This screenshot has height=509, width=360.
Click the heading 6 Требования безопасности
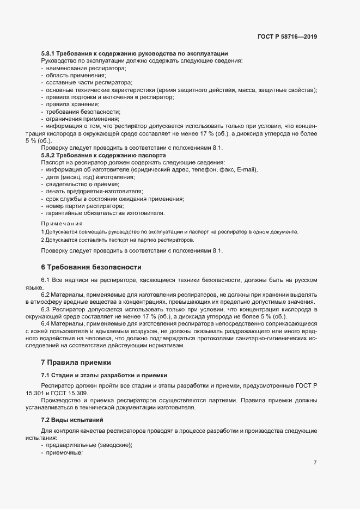91,267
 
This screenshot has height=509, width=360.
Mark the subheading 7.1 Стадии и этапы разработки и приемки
104,376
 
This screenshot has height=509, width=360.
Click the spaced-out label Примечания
62,223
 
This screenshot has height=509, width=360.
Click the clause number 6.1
46,280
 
